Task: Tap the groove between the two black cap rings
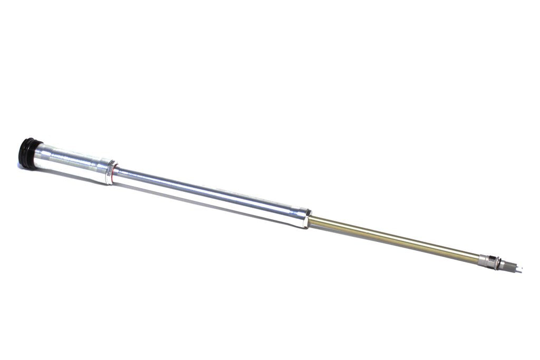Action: [x=28, y=152]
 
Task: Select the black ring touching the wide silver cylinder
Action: [x=33, y=153]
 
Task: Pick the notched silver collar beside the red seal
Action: [x=109, y=173]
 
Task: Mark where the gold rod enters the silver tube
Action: [x=310, y=221]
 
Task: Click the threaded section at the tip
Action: [x=510, y=267]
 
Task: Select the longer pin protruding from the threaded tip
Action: [x=519, y=271]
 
